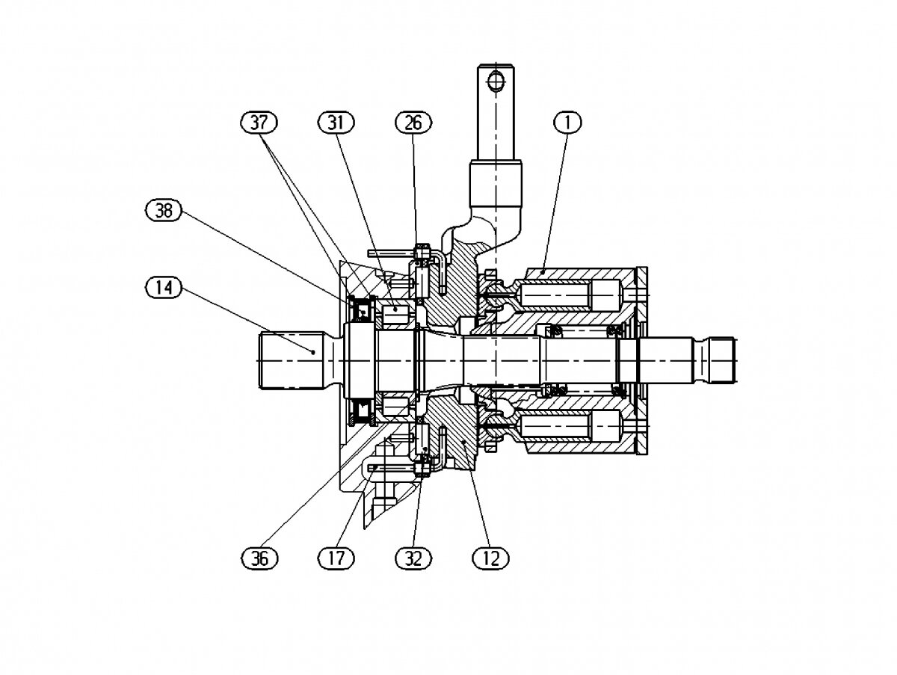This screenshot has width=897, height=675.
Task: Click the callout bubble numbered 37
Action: (259, 122)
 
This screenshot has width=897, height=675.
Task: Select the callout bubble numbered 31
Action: (336, 122)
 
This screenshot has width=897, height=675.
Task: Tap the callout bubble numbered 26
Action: (413, 122)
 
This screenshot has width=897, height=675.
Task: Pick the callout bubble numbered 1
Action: (567, 122)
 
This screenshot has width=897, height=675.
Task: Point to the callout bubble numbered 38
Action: (163, 211)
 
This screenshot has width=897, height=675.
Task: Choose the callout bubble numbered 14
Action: (163, 287)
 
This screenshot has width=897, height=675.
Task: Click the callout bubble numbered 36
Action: (259, 558)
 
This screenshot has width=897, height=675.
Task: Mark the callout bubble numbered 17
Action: (336, 558)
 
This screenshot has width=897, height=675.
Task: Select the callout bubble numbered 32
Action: (413, 558)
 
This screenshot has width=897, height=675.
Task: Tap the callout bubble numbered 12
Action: (490, 558)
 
